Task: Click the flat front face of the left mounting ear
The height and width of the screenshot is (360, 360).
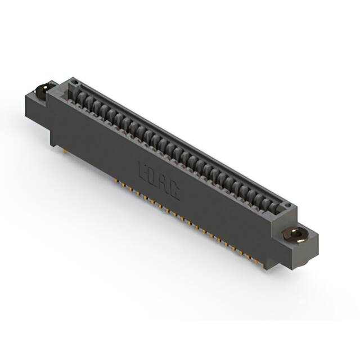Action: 37,112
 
